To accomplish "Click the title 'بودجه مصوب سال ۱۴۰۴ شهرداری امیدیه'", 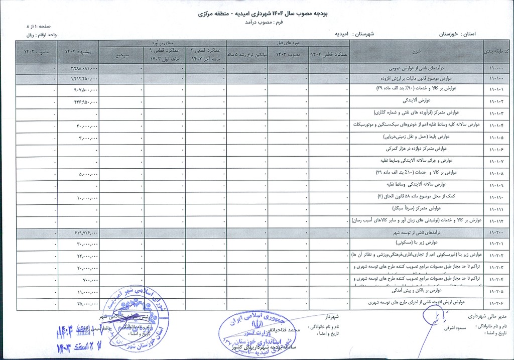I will click(256, 14).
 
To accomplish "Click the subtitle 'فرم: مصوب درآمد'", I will click(256, 23).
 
